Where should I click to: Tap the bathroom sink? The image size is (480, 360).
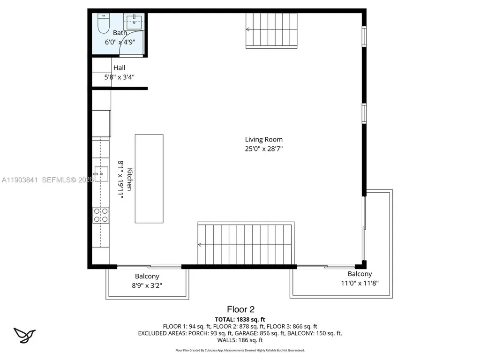tap(134, 20)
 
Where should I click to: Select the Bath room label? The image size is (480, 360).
tap(120, 33)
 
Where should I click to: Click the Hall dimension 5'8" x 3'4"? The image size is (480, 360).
tap(120, 77)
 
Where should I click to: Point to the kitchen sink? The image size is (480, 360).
tap(101, 174)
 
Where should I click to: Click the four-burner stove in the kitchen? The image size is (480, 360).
tap(101, 215)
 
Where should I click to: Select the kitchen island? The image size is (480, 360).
tap(149, 179)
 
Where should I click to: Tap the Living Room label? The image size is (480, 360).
tap(263, 139)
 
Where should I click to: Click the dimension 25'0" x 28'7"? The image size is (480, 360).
tap(263, 149)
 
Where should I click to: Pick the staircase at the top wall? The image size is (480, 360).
tap(272, 30)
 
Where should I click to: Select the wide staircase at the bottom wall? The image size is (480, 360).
tap(246, 244)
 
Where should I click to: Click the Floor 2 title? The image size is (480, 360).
tap(240, 309)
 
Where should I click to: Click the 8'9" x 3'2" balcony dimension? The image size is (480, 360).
tap(147, 285)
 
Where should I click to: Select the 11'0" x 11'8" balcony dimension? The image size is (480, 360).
tap(360, 283)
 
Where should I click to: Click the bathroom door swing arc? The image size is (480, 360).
tap(127, 39)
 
